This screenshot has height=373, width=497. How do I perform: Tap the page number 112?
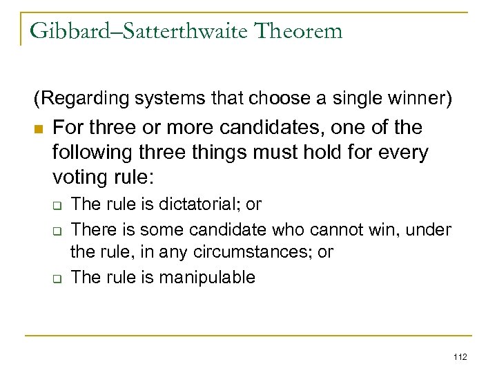pos(459,356)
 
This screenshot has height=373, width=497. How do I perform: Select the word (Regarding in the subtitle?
pos(72,99)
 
